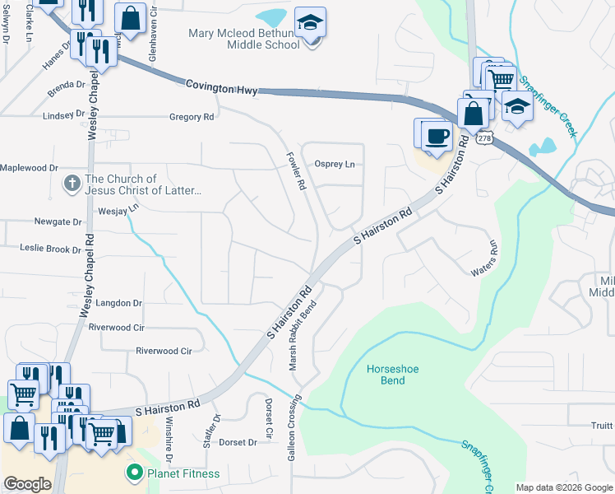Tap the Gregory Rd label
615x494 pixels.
pos(192,117)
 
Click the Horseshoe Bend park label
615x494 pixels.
pos(392,375)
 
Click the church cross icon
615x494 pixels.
pos(73,184)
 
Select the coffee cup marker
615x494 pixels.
pos(437,135)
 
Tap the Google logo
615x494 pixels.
pos(27,484)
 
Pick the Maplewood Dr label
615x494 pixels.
pos(30,167)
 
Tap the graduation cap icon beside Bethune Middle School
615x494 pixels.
pos(310,21)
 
